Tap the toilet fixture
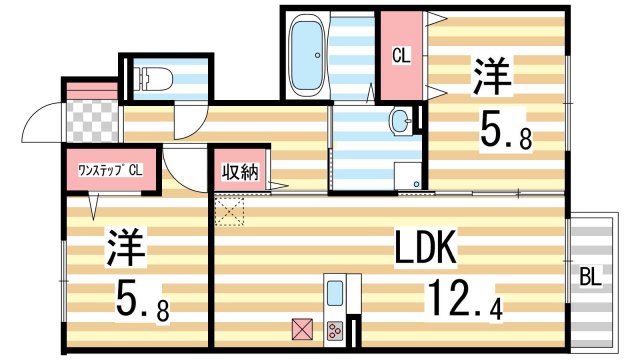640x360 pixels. tap(152, 78)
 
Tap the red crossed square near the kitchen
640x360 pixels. tap(301, 327)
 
